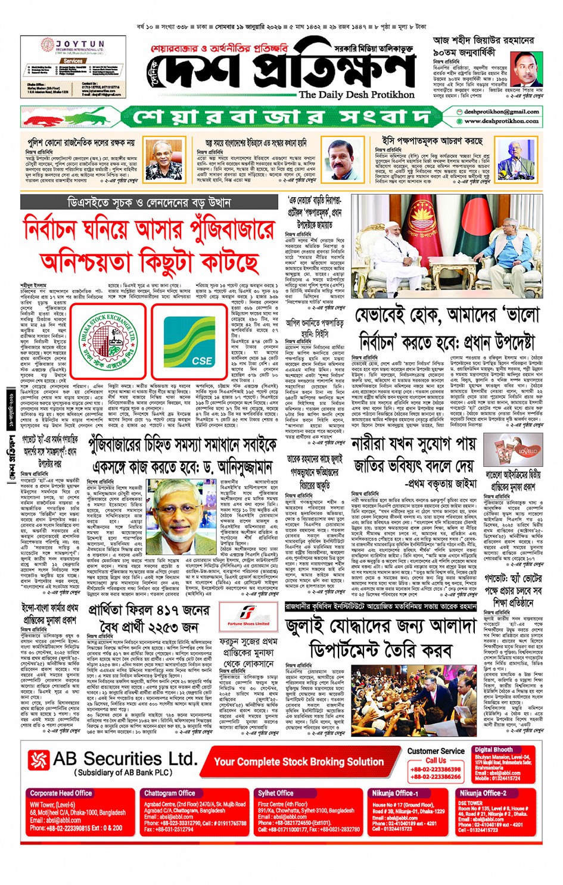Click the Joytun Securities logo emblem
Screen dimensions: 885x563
48,46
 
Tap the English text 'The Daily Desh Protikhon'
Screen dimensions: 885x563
356,95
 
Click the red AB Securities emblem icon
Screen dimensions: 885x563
39,760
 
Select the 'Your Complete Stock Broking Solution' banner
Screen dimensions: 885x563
298,762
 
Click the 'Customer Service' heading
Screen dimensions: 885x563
436,751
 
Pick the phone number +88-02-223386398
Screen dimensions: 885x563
436,769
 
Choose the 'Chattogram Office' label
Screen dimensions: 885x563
169,793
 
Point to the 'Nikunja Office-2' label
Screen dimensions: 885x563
483,793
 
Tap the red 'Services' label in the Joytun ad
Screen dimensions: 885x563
73,61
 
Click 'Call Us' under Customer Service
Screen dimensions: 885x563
436,761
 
